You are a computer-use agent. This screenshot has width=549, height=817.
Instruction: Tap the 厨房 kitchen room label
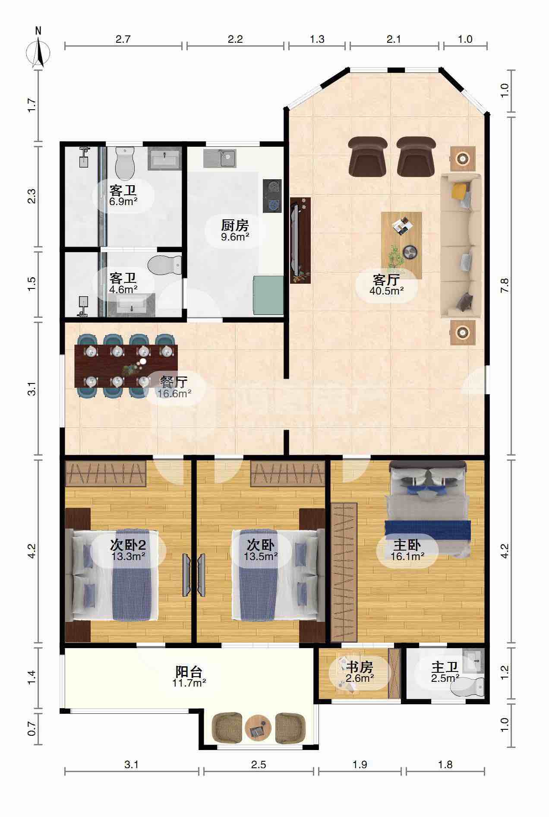pos(235,225)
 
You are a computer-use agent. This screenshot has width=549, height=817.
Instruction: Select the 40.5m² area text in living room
pos(386,291)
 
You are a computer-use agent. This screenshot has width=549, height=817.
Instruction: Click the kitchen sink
pos(221,158)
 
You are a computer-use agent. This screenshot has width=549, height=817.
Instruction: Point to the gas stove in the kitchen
pos(272,196)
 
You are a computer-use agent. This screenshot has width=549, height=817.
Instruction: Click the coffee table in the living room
pos(401,245)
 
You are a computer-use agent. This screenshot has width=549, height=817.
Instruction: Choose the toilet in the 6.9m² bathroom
pos(125,163)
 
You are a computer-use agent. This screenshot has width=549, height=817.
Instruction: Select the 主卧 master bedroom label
pos(407,546)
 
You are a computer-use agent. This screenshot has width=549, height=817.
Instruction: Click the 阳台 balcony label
pos(189,672)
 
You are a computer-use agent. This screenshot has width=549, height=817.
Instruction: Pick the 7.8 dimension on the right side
pos(505,286)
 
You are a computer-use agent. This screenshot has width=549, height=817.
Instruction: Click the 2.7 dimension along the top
pos(123,39)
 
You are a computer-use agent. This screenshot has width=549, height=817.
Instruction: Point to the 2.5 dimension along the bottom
pos(258,765)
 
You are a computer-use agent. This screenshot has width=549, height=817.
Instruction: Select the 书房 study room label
pos(360,667)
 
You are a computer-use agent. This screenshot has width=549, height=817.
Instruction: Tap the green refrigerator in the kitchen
pos(268,295)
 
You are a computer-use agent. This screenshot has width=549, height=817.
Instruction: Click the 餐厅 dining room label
pos(174,382)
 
